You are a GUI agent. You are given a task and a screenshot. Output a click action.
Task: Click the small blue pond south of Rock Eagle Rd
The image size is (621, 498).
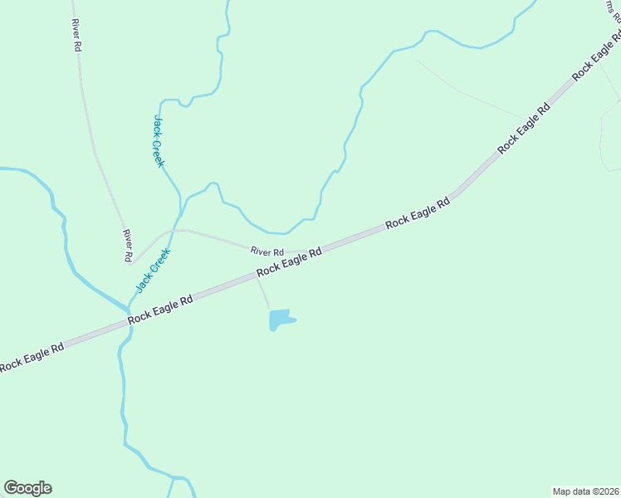pos(281,319)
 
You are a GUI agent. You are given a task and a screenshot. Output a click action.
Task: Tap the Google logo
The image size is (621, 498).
pos(27,488)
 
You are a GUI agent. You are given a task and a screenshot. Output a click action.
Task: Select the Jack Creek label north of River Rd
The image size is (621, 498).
pos(159,141)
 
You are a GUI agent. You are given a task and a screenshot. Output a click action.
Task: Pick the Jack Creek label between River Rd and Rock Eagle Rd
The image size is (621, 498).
pos(154,270)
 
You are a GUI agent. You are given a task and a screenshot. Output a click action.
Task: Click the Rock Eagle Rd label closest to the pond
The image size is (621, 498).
pos(289,263)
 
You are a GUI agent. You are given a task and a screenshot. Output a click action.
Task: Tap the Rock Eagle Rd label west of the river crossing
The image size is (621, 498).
pos(32,357)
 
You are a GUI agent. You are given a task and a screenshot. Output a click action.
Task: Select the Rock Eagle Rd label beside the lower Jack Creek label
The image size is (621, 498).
pos(160,309)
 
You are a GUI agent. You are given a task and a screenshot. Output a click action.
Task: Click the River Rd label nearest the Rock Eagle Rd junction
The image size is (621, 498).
pos(267,251)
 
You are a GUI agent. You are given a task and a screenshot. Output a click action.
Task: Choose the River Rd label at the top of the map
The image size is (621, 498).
pos(76,36)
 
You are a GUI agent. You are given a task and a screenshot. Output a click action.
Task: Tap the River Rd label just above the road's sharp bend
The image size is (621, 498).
pos(128,247)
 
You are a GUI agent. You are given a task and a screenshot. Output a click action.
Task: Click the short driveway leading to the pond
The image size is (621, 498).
pos(262,292)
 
